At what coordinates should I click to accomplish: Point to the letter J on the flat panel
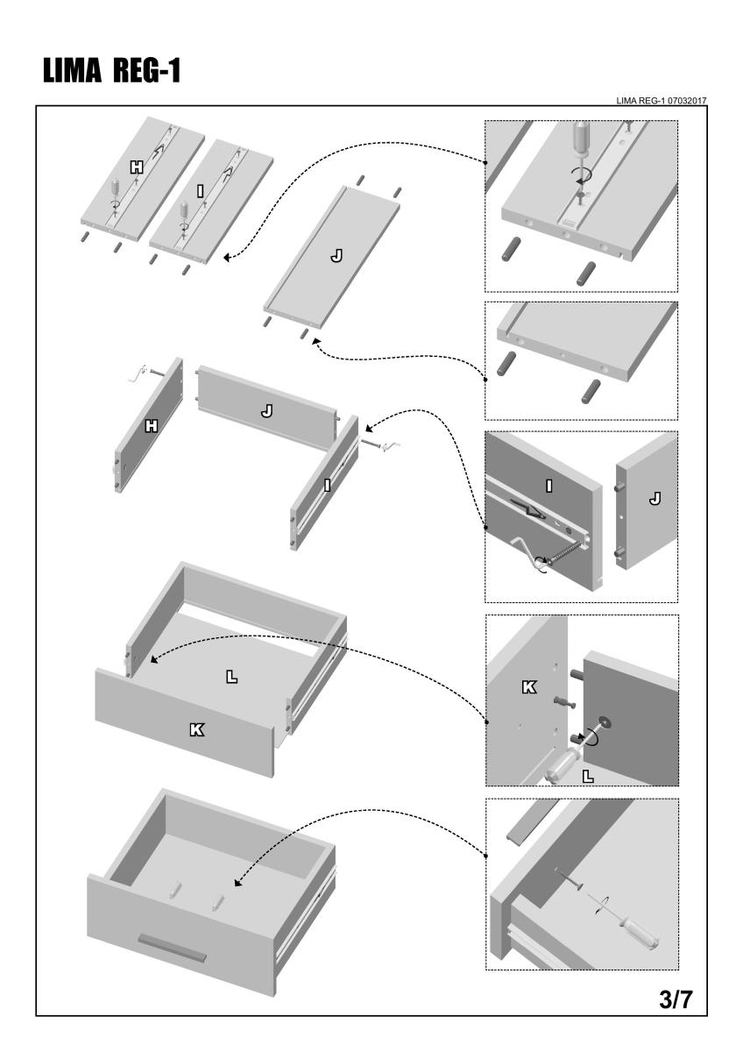(x=336, y=256)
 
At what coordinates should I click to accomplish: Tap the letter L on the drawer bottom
(x=231, y=677)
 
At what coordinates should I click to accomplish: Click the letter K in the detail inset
(x=529, y=687)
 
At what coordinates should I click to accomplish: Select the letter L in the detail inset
(x=588, y=774)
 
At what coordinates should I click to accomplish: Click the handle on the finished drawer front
(x=172, y=947)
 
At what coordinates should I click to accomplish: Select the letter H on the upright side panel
(x=152, y=426)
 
